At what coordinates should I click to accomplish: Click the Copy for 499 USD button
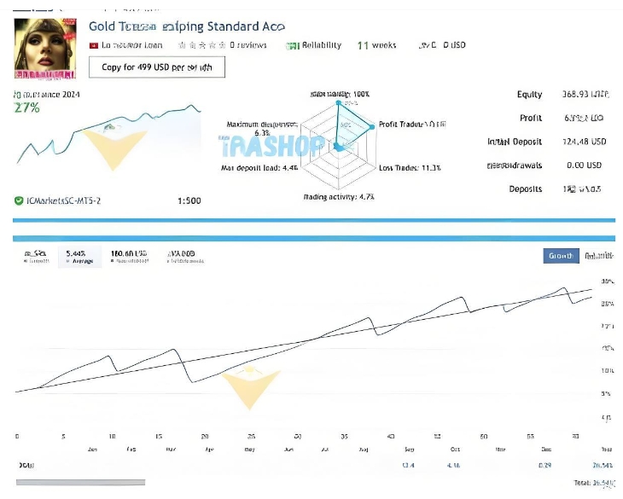pyautogui.click(x=157, y=67)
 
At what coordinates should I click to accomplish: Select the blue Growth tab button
pyautogui.click(x=561, y=255)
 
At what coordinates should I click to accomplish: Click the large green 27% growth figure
pyautogui.click(x=27, y=107)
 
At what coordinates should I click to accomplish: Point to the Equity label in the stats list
pyautogui.click(x=529, y=95)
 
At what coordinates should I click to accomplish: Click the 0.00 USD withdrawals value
pyautogui.click(x=584, y=165)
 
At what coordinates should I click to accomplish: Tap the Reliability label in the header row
pyautogui.click(x=321, y=45)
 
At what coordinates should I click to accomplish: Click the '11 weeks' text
pyautogui.click(x=376, y=45)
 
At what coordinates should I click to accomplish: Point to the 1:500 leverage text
pyautogui.click(x=189, y=200)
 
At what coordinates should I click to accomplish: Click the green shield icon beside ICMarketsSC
pyautogui.click(x=19, y=200)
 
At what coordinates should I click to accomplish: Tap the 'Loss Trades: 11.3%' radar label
pyautogui.click(x=410, y=167)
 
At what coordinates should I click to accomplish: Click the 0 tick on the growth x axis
pyautogui.click(x=17, y=435)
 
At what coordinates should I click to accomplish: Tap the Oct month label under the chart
pyautogui.click(x=455, y=449)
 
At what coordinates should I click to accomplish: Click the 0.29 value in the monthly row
pyautogui.click(x=545, y=465)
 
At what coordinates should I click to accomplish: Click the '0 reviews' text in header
pyautogui.click(x=250, y=45)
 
